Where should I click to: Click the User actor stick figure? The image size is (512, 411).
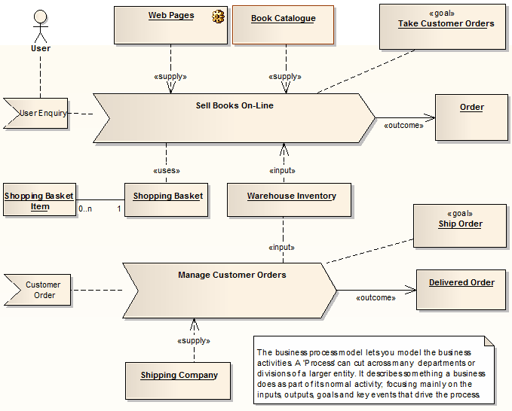pyautogui.click(x=40, y=26)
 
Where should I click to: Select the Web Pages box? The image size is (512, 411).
pyautogui.click(x=170, y=25)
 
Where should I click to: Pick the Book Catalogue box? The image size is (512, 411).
pyautogui.click(x=284, y=25)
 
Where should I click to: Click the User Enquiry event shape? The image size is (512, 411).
pyautogui.click(x=38, y=114)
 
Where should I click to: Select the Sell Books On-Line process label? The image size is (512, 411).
pyautogui.click(x=235, y=105)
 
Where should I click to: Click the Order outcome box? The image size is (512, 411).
pyautogui.click(x=471, y=117)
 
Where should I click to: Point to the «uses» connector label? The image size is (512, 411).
pyautogui.click(x=167, y=170)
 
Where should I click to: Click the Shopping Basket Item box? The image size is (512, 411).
pyautogui.click(x=40, y=200)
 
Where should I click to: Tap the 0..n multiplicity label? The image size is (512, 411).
pyautogui.click(x=84, y=208)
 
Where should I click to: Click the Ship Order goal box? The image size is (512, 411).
pyautogui.click(x=460, y=226)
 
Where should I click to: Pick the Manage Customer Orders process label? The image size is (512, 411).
pyautogui.click(x=231, y=275)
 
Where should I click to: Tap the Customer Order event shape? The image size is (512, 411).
pyautogui.click(x=41, y=290)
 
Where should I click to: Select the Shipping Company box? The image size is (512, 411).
pyautogui.click(x=179, y=379)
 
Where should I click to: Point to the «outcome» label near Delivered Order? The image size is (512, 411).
pyautogui.click(x=375, y=297)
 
